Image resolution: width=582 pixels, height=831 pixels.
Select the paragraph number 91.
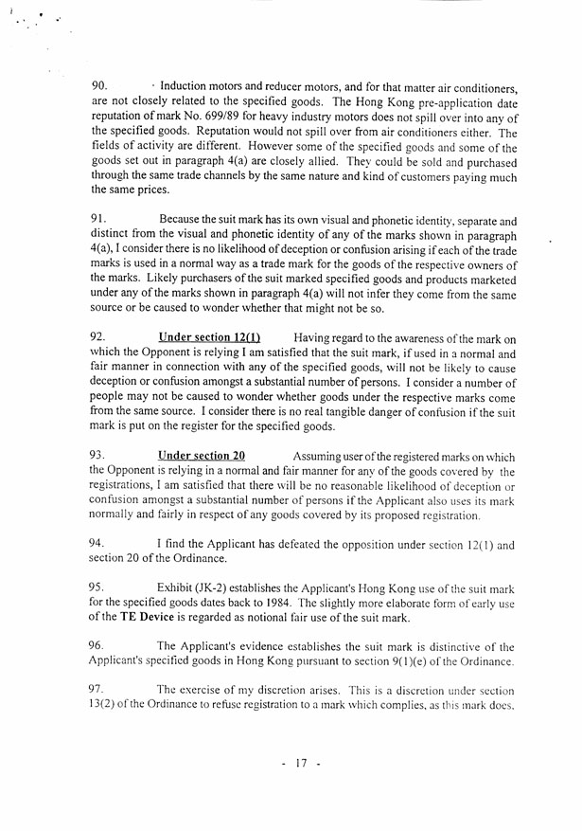pos(99,219)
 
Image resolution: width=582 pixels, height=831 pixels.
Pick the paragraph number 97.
pos(99,691)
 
